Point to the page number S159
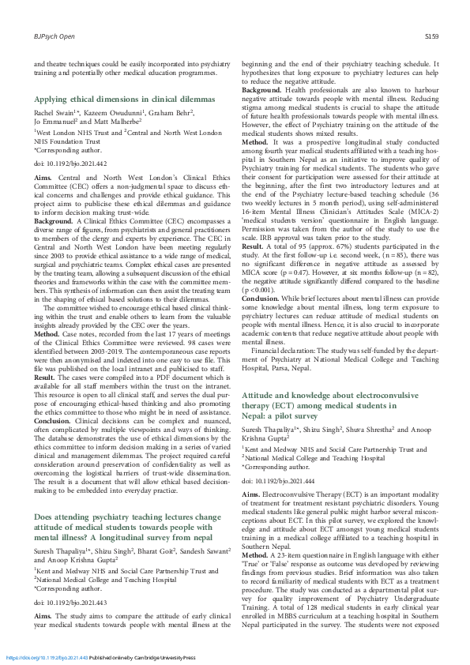coord(431,36)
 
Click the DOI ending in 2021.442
coord(58,162)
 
